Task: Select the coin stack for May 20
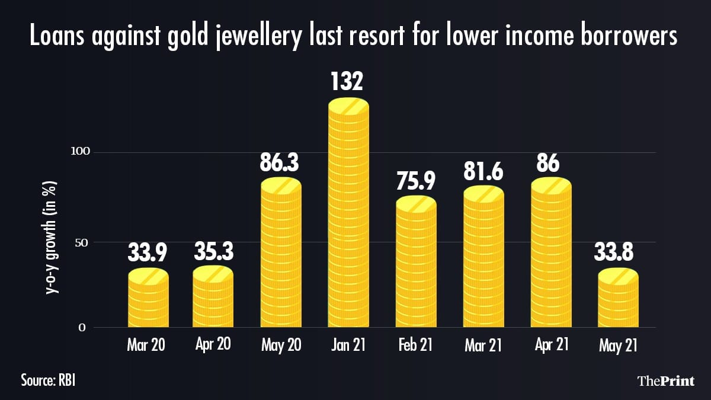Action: pyautogui.click(x=281, y=255)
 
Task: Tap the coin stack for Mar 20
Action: pyautogui.click(x=148, y=299)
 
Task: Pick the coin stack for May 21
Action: pyautogui.click(x=618, y=299)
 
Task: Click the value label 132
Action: pyautogui.click(x=348, y=81)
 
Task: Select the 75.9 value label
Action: pyautogui.click(x=416, y=180)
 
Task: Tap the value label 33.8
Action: pyautogui.click(x=618, y=253)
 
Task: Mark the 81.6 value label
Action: pyautogui.click(x=483, y=170)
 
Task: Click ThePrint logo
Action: pyautogui.click(x=665, y=380)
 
